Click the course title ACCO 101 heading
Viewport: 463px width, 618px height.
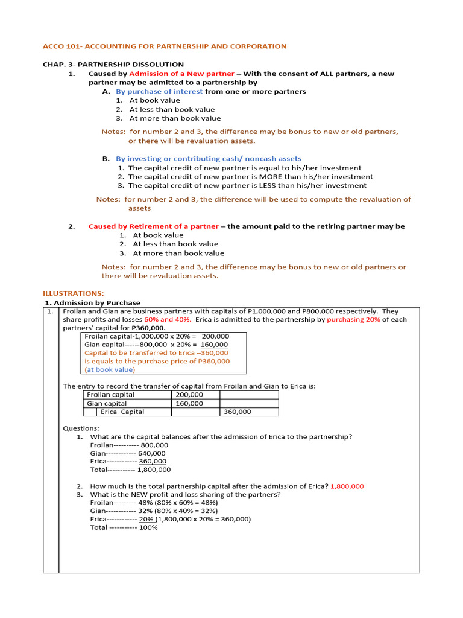[x=164, y=46]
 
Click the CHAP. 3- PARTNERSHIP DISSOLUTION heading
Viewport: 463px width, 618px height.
[x=113, y=65]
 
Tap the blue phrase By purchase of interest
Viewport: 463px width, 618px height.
[x=159, y=92]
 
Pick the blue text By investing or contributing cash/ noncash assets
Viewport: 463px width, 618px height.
[x=209, y=159]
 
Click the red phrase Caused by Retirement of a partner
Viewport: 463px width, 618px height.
[x=153, y=226]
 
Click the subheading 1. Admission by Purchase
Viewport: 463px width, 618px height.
[x=93, y=302]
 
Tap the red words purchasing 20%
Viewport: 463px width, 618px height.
[x=353, y=320]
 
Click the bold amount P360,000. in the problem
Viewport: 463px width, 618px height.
[x=148, y=328]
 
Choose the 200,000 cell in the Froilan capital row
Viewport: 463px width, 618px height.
[x=189, y=395]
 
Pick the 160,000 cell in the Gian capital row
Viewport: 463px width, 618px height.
[x=189, y=403]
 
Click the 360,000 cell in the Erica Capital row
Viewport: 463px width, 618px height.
[x=237, y=412]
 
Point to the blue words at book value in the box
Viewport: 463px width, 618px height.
[x=110, y=369]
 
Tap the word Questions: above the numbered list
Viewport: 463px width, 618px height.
[x=81, y=428]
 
